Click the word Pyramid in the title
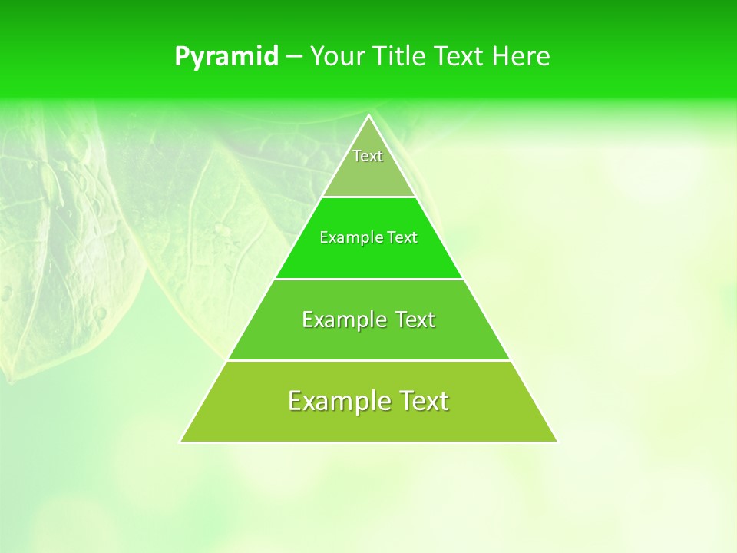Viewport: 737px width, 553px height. tap(226, 57)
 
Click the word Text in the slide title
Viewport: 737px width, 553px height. tap(459, 57)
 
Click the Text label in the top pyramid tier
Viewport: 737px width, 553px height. tap(368, 156)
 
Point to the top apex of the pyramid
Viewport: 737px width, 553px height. tap(369, 116)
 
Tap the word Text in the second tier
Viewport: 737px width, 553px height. tap(402, 237)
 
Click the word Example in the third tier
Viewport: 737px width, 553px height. tap(342, 320)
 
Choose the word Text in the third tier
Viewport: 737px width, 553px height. tap(414, 320)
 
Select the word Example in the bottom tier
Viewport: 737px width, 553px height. tap(335, 401)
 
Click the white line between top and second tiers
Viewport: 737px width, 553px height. tap(369, 197)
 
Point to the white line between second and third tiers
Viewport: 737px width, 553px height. tap(369, 279)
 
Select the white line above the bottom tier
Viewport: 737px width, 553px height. tap(369, 360)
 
